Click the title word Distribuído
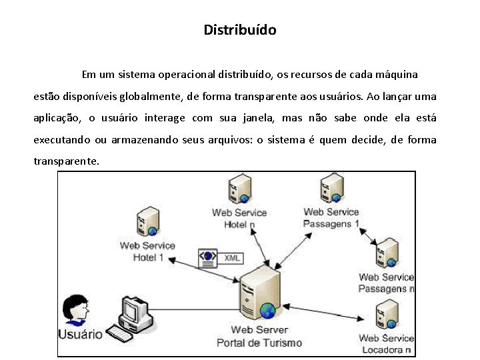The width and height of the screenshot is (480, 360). click(240, 30)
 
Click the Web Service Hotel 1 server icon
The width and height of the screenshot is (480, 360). click(148, 222)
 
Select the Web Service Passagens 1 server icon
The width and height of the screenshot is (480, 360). click(331, 189)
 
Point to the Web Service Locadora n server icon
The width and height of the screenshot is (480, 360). click(387, 315)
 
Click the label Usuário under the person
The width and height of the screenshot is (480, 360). click(81, 334)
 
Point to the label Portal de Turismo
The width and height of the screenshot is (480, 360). click(259, 343)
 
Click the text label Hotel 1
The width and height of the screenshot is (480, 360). click(148, 257)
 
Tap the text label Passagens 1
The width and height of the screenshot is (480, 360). click(331, 223)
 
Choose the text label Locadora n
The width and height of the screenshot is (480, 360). click(387, 350)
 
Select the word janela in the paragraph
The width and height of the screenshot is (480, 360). click(255, 118)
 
